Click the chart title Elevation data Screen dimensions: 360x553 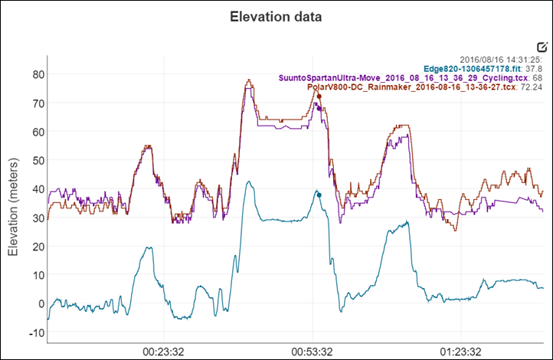(276, 17)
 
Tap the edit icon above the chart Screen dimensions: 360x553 (542, 47)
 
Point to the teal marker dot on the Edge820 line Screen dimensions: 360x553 (319, 195)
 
